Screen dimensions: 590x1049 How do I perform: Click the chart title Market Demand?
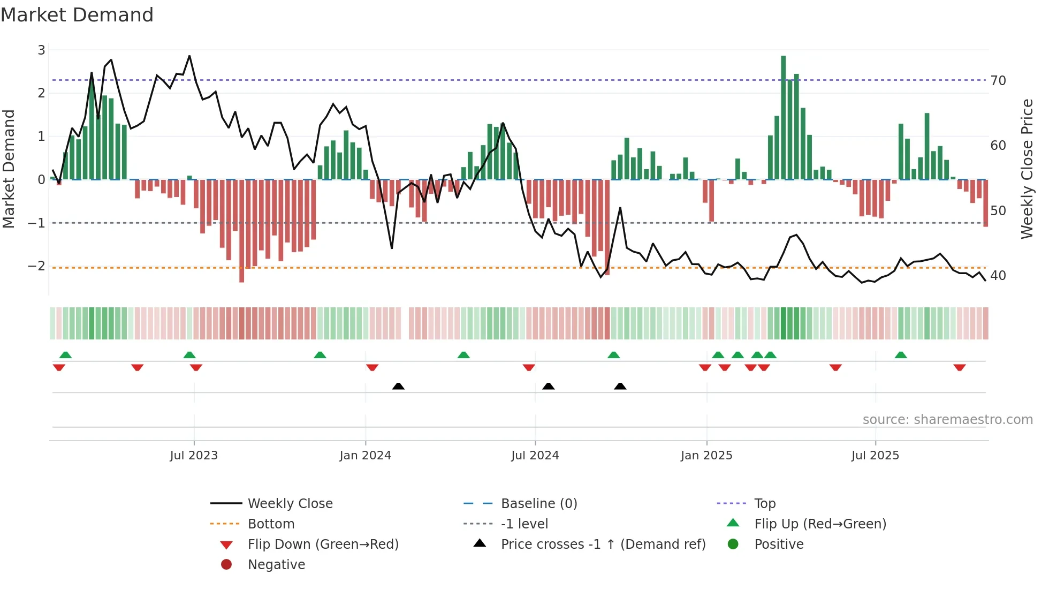pos(77,15)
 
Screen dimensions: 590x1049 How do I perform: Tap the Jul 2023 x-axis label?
pos(194,456)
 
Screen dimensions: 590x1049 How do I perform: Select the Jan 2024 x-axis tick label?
pos(366,456)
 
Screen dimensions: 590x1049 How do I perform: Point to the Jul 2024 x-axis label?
pos(535,456)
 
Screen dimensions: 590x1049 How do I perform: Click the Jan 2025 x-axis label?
pos(706,456)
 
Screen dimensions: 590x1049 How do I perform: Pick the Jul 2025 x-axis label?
pos(876,456)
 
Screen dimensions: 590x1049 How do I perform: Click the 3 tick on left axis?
pos(41,50)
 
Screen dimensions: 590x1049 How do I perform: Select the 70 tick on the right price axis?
pos(998,81)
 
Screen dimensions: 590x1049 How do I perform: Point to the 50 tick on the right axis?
pos(998,211)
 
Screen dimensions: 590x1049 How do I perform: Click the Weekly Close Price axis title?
pos(1027,169)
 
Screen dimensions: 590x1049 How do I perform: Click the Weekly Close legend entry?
pos(290,504)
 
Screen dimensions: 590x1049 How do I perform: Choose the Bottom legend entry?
pos(271,524)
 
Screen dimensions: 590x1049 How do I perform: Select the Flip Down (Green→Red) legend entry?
pos(323,544)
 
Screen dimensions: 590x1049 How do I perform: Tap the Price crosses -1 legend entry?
pos(603,544)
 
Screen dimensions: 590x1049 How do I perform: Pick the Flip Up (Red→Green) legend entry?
pos(820,524)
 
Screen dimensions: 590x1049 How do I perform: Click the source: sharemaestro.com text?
pos(947,420)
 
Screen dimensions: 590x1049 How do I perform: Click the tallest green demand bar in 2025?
pos(784,118)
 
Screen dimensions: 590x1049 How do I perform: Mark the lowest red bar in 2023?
pos(242,230)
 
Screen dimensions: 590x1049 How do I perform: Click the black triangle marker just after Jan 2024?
pos(398,386)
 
